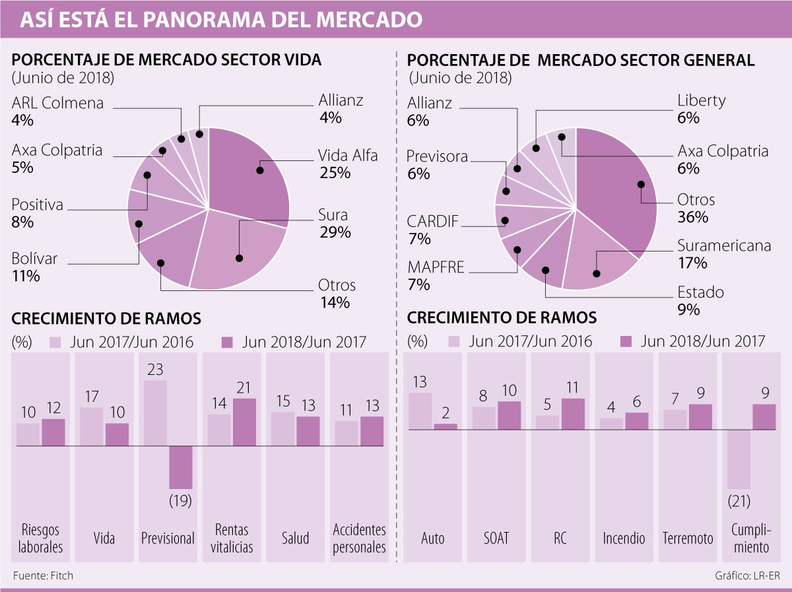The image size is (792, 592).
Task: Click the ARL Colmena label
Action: click(58, 103)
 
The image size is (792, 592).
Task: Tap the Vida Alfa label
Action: click(348, 156)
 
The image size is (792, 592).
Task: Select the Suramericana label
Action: click(724, 246)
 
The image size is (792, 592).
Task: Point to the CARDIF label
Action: click(433, 220)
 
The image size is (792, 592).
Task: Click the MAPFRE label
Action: click(436, 267)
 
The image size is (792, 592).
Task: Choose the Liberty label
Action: click(701, 100)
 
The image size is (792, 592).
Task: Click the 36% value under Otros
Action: click(692, 217)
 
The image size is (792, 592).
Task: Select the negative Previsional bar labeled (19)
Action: click(180, 467)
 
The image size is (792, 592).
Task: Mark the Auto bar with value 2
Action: click(445, 426)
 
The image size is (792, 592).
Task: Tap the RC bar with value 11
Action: click(573, 414)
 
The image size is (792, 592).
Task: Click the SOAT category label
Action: click(496, 538)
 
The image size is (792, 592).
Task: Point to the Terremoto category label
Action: click(688, 538)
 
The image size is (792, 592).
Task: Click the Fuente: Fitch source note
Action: click(43, 576)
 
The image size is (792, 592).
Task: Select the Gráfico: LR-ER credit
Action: click(747, 576)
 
